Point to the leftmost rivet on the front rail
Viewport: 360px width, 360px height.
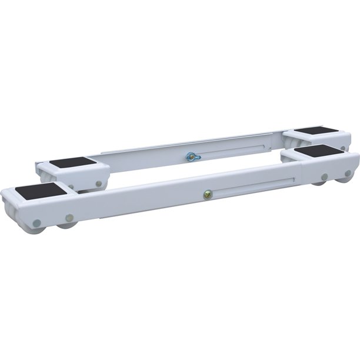pyautogui.click(x=38, y=222)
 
